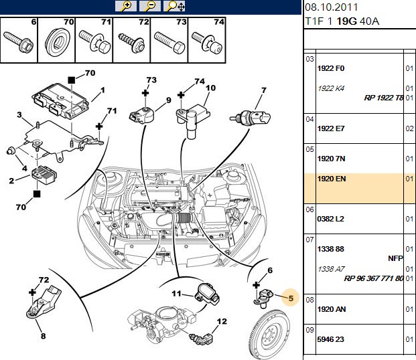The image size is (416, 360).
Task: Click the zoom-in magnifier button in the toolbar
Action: [x=126, y=6]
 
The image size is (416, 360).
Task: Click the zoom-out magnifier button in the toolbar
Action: [x=150, y=6]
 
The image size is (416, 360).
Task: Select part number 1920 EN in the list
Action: [x=332, y=179]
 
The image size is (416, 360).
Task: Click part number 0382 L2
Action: [x=330, y=219]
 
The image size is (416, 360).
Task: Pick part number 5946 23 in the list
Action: [x=330, y=339]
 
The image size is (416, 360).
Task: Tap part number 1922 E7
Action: [x=330, y=128]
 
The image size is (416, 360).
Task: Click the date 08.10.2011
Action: [x=332, y=7]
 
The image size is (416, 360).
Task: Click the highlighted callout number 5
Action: [x=291, y=298]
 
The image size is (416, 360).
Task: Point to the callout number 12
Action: [x=222, y=321]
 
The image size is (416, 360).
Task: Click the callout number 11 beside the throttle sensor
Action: [x=176, y=294]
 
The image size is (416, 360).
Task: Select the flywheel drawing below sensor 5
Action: [x=269, y=334]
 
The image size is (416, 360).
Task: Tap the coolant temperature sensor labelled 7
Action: [x=250, y=117]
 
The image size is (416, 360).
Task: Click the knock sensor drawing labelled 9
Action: [x=141, y=115]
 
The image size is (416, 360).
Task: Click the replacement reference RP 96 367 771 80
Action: [x=373, y=278]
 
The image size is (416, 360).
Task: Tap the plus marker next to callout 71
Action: [x=99, y=126]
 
